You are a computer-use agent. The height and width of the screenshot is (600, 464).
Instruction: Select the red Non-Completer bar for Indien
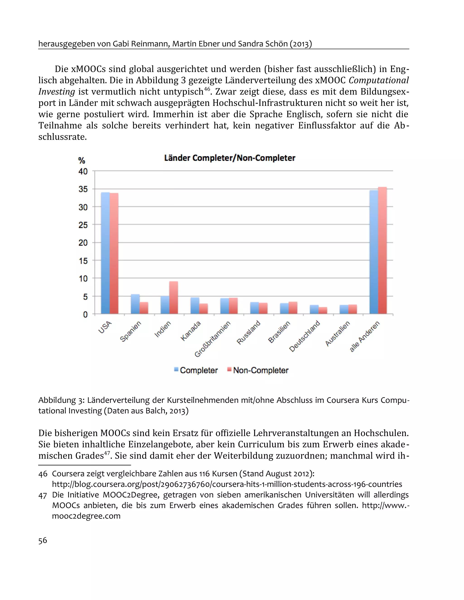point(173,298)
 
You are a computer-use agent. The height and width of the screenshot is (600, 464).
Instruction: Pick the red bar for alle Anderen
point(382,250)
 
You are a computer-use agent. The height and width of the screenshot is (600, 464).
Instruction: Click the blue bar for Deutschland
point(314,309)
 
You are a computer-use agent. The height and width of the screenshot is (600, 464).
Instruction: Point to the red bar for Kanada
point(203,308)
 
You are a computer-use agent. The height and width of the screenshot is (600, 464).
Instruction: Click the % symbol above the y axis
point(82,160)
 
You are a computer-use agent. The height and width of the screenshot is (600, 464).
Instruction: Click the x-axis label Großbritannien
point(212,339)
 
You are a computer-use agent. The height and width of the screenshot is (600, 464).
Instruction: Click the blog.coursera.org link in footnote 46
point(227,484)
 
